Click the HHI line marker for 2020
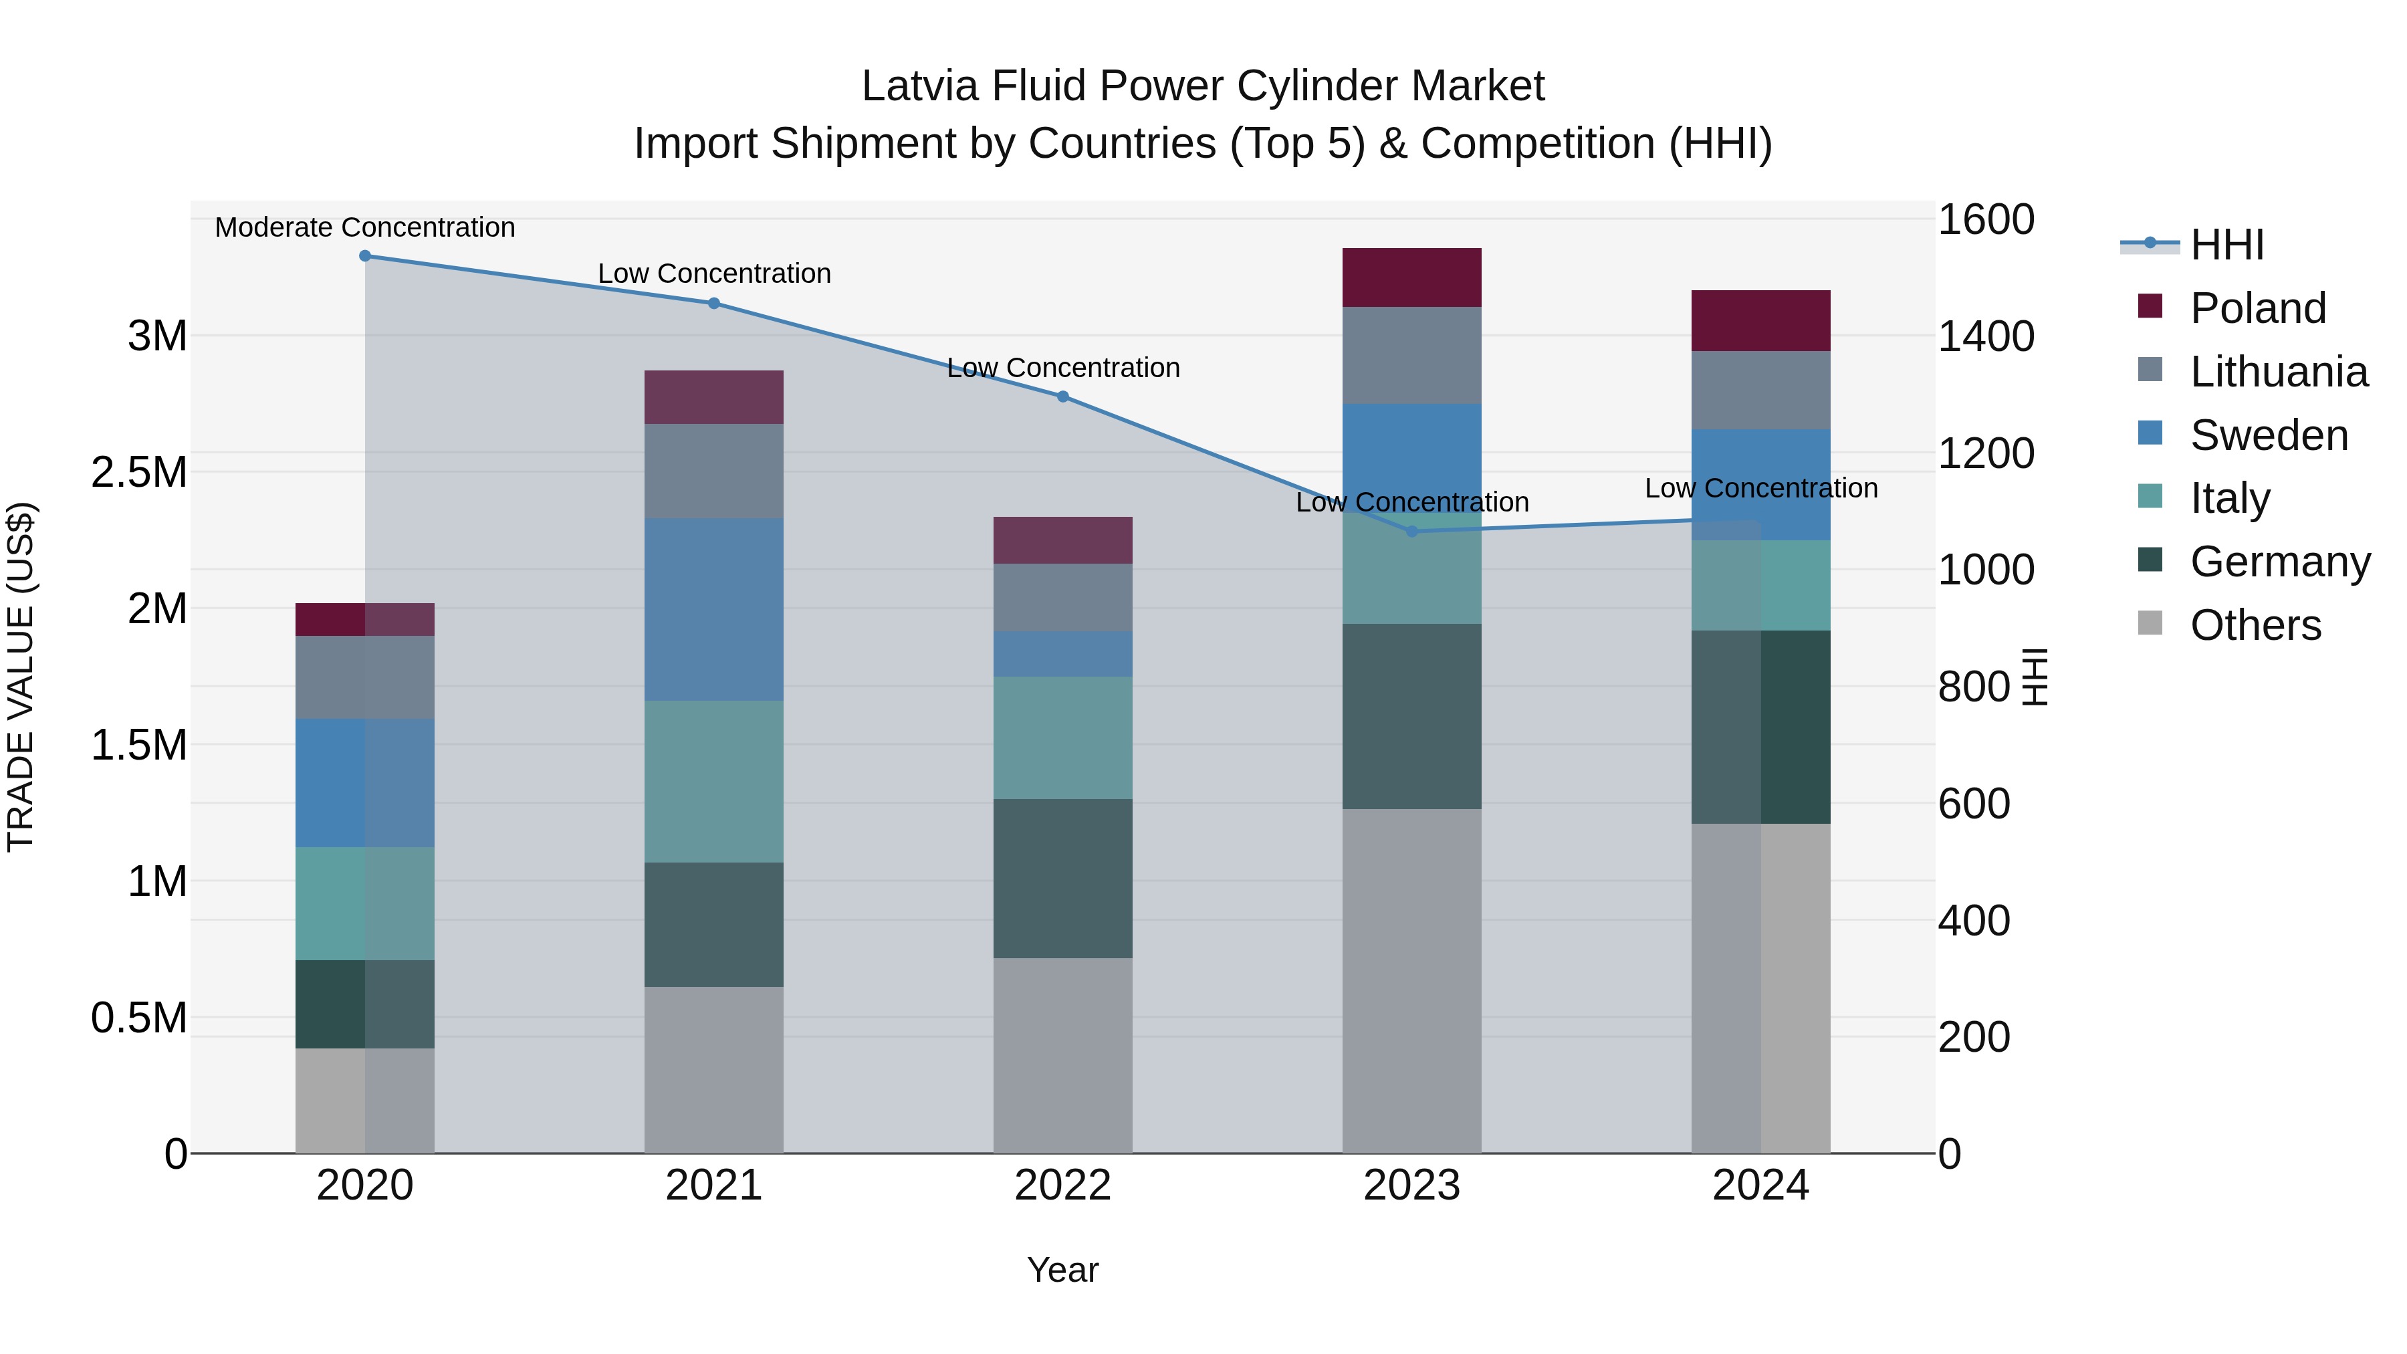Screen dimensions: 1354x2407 (365, 256)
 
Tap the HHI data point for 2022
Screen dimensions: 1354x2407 (1062, 397)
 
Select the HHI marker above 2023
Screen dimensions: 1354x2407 (1412, 532)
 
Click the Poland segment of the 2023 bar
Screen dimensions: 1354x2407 (1412, 277)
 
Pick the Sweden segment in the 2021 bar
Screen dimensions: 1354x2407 (714, 609)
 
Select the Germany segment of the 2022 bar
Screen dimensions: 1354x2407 (1062, 879)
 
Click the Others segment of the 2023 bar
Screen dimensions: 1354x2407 (1412, 981)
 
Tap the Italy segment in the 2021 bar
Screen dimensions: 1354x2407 (714, 781)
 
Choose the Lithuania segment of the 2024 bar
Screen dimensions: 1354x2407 (1760, 390)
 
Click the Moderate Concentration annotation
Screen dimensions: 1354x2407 (365, 227)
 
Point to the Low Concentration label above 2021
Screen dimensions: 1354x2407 (714, 273)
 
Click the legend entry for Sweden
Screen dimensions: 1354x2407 (2269, 435)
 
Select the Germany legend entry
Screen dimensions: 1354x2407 (2280, 562)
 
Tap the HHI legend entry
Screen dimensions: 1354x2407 (2226, 245)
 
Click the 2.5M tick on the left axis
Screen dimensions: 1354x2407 (139, 473)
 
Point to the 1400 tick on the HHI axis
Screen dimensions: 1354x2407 (1986, 336)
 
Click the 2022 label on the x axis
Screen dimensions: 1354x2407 (1062, 1186)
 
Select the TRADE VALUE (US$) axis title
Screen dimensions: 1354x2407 (21, 677)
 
